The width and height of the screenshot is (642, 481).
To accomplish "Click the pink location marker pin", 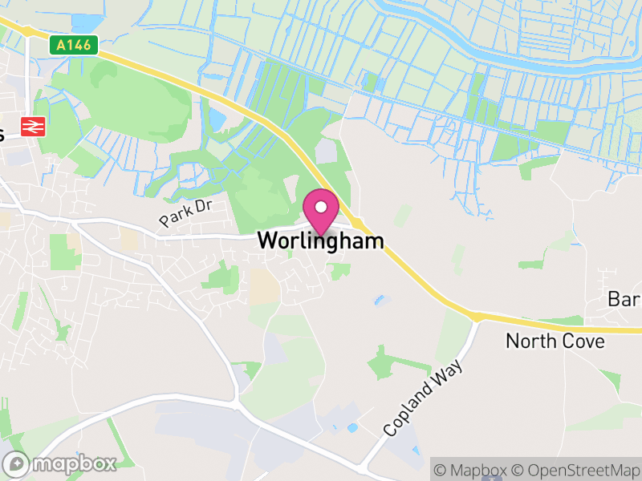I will [x=321, y=213].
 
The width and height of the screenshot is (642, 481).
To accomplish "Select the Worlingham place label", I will [x=320, y=240].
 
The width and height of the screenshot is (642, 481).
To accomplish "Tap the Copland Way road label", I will [x=423, y=398].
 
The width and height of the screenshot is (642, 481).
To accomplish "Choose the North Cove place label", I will [x=555, y=342].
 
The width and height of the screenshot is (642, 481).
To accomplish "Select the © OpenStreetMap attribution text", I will [x=576, y=469].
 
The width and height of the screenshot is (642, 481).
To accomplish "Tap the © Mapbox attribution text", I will [x=470, y=469].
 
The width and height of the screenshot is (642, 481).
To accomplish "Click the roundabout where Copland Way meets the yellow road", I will [x=477, y=318].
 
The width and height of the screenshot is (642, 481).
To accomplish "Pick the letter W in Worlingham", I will [x=267, y=240].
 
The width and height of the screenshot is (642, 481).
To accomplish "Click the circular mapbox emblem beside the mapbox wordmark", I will [x=17, y=463].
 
